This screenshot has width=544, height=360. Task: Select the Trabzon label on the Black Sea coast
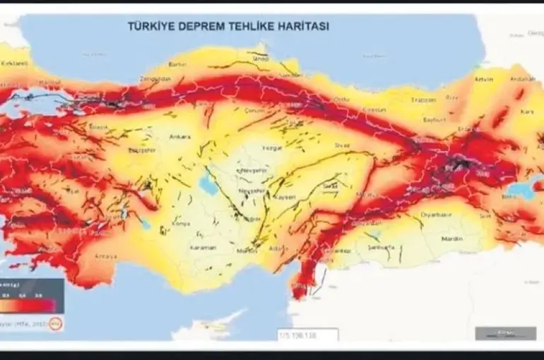(423, 100)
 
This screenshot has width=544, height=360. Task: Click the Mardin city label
(451, 239)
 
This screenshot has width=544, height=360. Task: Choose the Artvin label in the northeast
(483, 79)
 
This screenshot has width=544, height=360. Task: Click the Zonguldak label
(156, 79)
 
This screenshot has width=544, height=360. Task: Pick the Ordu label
(342, 100)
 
